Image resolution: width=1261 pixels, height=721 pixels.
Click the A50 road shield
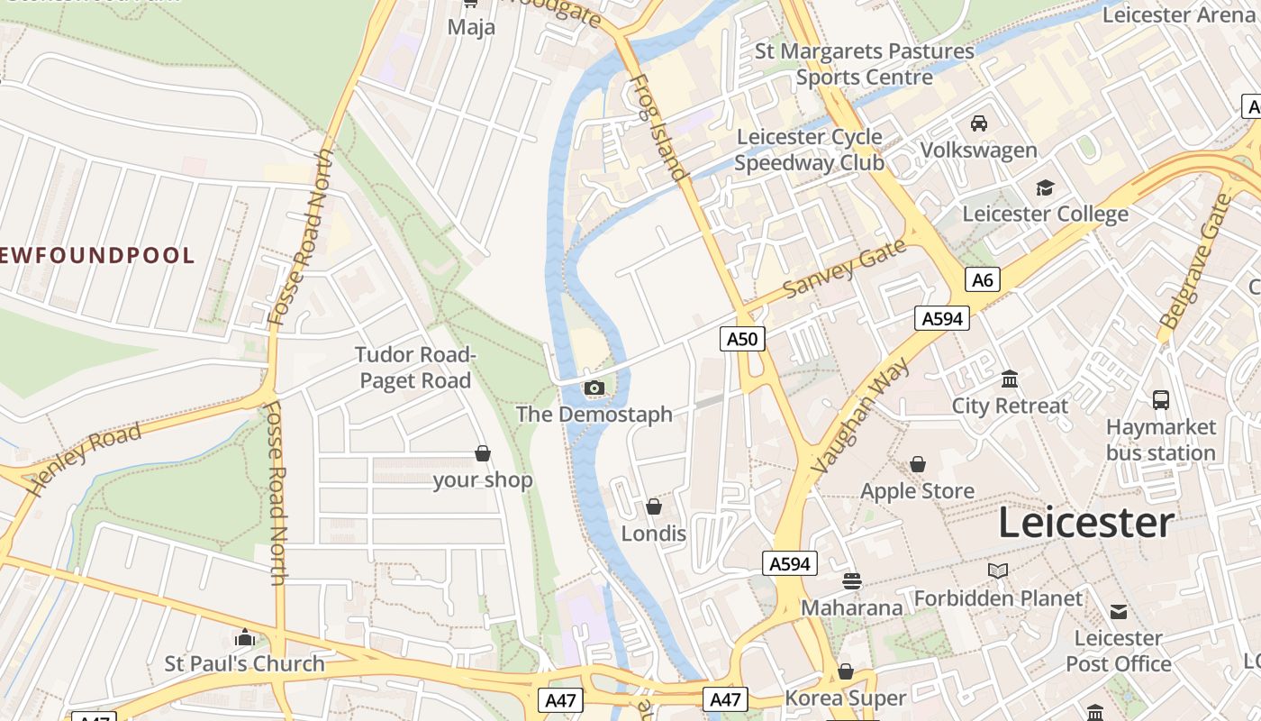(743, 338)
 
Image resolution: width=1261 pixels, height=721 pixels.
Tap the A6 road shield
(983, 280)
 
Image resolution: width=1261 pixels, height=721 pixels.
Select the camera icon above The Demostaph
(594, 388)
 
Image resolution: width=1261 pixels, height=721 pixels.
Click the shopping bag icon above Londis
(654, 507)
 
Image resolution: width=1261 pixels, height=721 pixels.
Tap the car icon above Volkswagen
(979, 123)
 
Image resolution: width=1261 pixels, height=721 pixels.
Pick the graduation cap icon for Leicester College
(1045, 187)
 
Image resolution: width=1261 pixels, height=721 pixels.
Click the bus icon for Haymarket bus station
(1161, 399)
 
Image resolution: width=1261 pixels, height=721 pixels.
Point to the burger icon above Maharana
(852, 581)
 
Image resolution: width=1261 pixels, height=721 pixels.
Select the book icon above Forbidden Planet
(998, 570)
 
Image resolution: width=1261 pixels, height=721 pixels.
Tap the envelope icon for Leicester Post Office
(1119, 612)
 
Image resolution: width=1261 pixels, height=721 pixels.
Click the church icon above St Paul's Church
(245, 638)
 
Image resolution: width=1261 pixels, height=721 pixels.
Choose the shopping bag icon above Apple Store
(918, 464)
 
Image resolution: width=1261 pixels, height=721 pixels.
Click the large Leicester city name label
(1085, 523)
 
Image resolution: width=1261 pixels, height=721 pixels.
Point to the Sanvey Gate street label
(844, 269)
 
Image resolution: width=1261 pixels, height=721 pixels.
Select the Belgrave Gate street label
(1196, 261)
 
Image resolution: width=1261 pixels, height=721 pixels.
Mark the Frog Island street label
(657, 127)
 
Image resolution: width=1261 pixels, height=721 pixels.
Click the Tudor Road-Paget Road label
(415, 368)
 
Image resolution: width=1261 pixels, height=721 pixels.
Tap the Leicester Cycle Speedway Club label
(809, 150)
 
